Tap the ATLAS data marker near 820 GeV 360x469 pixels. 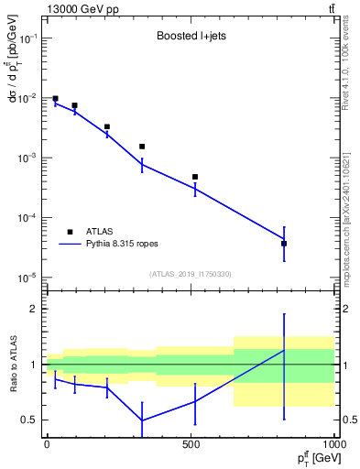(x=284, y=244)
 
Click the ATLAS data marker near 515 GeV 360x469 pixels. (x=195, y=177)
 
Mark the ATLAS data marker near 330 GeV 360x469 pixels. (x=142, y=147)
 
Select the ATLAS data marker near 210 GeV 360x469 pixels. (x=107, y=126)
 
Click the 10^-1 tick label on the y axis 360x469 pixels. (x=27, y=38)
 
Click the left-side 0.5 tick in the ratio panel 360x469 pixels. (x=28, y=420)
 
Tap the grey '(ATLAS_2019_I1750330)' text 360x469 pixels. (x=191, y=273)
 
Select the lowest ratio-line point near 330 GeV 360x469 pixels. (x=142, y=420)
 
